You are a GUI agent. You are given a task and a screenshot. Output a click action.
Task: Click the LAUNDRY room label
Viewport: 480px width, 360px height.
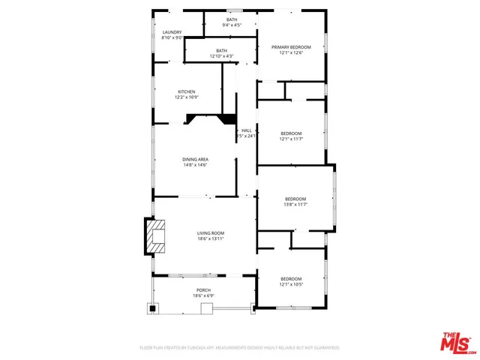(172, 32)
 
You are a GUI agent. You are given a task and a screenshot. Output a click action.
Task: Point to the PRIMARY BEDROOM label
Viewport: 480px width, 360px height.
(290, 46)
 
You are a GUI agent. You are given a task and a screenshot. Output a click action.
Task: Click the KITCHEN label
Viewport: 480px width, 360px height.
(186, 92)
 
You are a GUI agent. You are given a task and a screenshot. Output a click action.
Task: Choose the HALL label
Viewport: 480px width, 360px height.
(246, 130)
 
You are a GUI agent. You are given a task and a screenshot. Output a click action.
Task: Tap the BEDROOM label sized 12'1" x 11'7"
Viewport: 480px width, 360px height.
(291, 133)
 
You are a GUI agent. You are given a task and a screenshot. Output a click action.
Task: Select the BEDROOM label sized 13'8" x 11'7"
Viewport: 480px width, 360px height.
(295, 199)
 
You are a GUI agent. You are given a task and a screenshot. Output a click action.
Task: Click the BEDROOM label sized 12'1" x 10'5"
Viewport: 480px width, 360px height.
(291, 278)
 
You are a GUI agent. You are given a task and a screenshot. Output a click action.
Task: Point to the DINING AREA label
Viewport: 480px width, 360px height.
(195, 159)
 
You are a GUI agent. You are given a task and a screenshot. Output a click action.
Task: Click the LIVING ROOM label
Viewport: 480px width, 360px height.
(211, 233)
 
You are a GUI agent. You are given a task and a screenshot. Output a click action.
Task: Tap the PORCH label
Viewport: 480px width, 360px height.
(203, 289)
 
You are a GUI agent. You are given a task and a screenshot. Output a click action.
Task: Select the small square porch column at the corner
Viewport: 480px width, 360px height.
(152, 307)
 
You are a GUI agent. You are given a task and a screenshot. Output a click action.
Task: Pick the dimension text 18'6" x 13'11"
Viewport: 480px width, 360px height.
(211, 239)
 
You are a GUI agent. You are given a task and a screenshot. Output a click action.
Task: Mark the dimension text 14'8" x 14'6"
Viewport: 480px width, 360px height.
(195, 165)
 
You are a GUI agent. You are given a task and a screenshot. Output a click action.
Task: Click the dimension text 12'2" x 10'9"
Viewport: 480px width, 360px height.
(186, 98)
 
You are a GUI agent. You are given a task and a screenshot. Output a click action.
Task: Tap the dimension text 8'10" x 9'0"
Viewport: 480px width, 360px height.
(172, 38)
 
